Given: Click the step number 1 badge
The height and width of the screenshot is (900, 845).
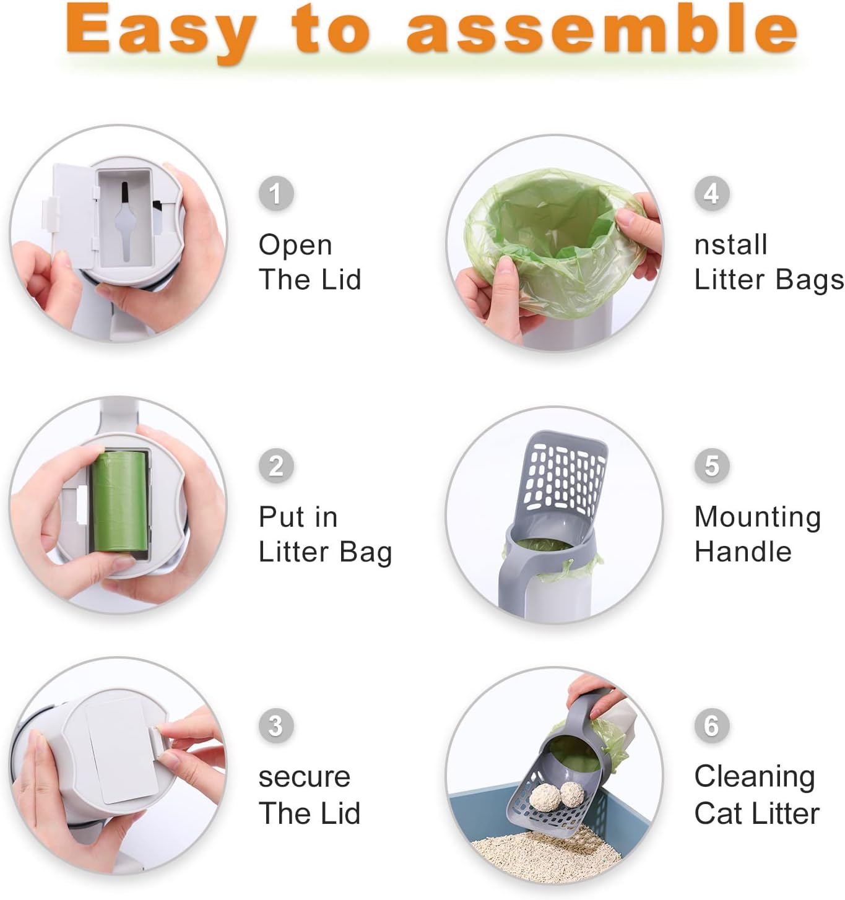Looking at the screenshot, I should [x=276, y=193].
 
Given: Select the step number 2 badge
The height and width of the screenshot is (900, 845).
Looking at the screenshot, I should [x=276, y=465].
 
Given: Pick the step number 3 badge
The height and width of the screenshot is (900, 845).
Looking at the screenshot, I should [x=276, y=725].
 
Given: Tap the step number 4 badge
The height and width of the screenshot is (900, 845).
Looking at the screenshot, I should [x=711, y=193].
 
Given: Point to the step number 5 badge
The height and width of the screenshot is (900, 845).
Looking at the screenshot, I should [x=711, y=465].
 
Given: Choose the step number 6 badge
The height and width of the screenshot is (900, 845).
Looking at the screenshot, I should [x=711, y=725].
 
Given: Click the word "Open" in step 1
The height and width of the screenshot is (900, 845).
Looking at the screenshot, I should [x=295, y=246].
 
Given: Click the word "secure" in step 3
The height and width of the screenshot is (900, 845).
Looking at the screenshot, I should [x=304, y=777].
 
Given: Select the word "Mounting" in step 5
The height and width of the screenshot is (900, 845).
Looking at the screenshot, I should [x=757, y=517].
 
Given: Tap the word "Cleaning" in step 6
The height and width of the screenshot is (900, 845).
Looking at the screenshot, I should [x=754, y=777].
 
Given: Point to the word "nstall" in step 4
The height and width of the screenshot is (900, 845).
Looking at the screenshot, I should [x=730, y=244].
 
